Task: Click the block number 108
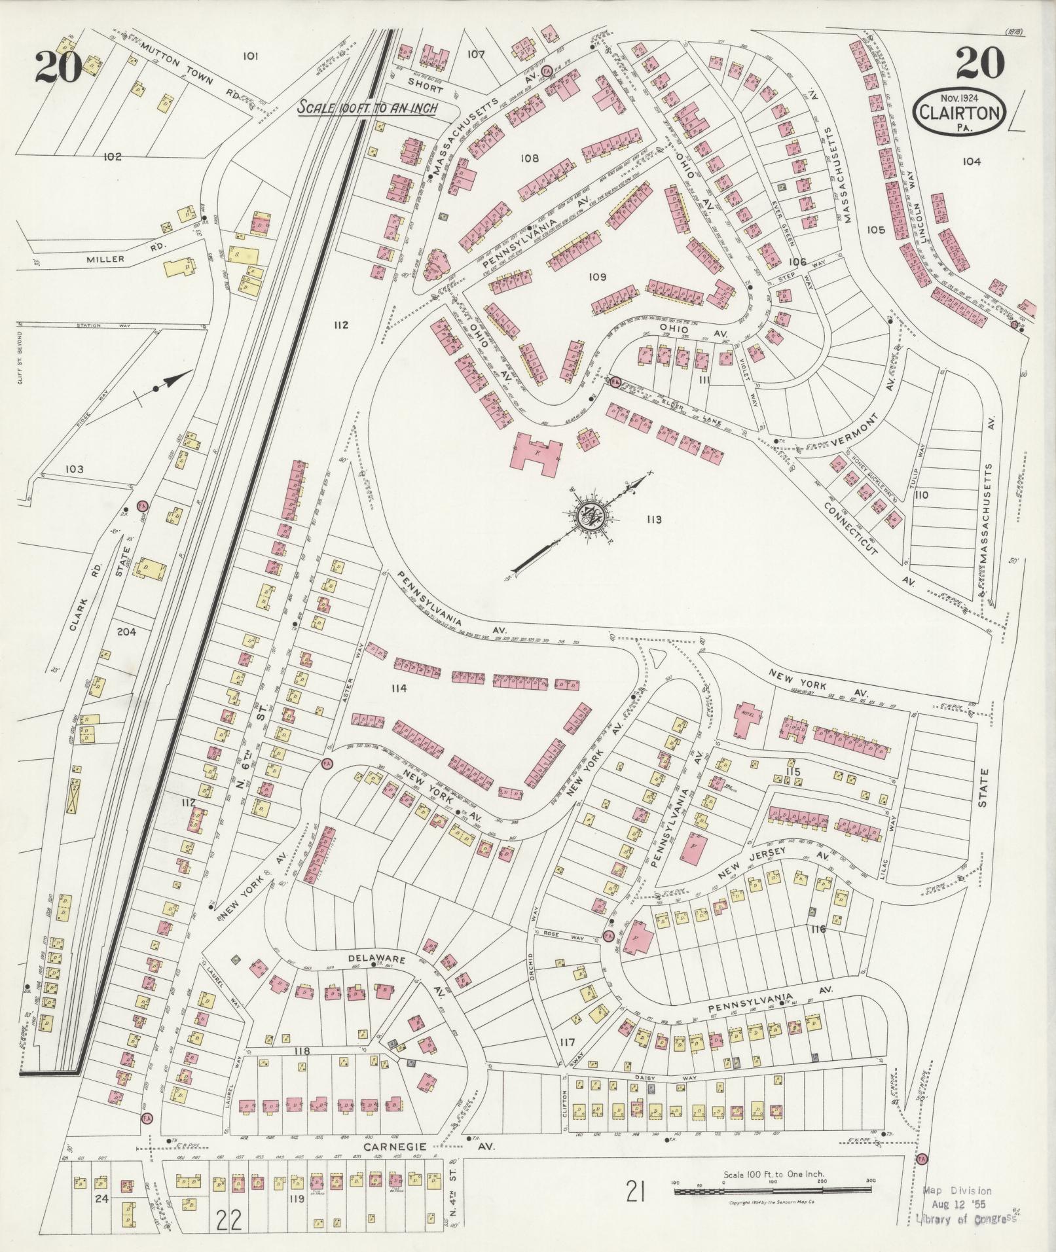tap(529, 158)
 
